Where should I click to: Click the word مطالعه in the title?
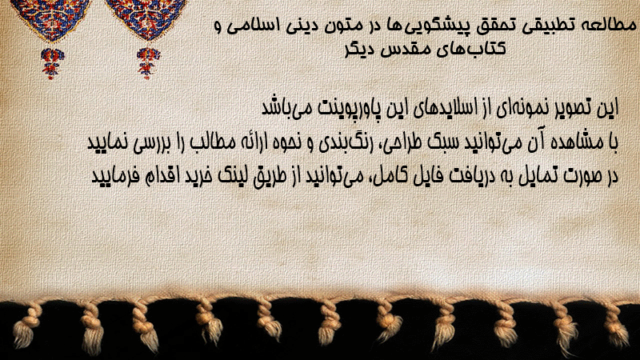point(612,26)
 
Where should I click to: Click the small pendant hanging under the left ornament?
point(51,62)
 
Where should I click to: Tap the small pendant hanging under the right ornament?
point(148,62)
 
